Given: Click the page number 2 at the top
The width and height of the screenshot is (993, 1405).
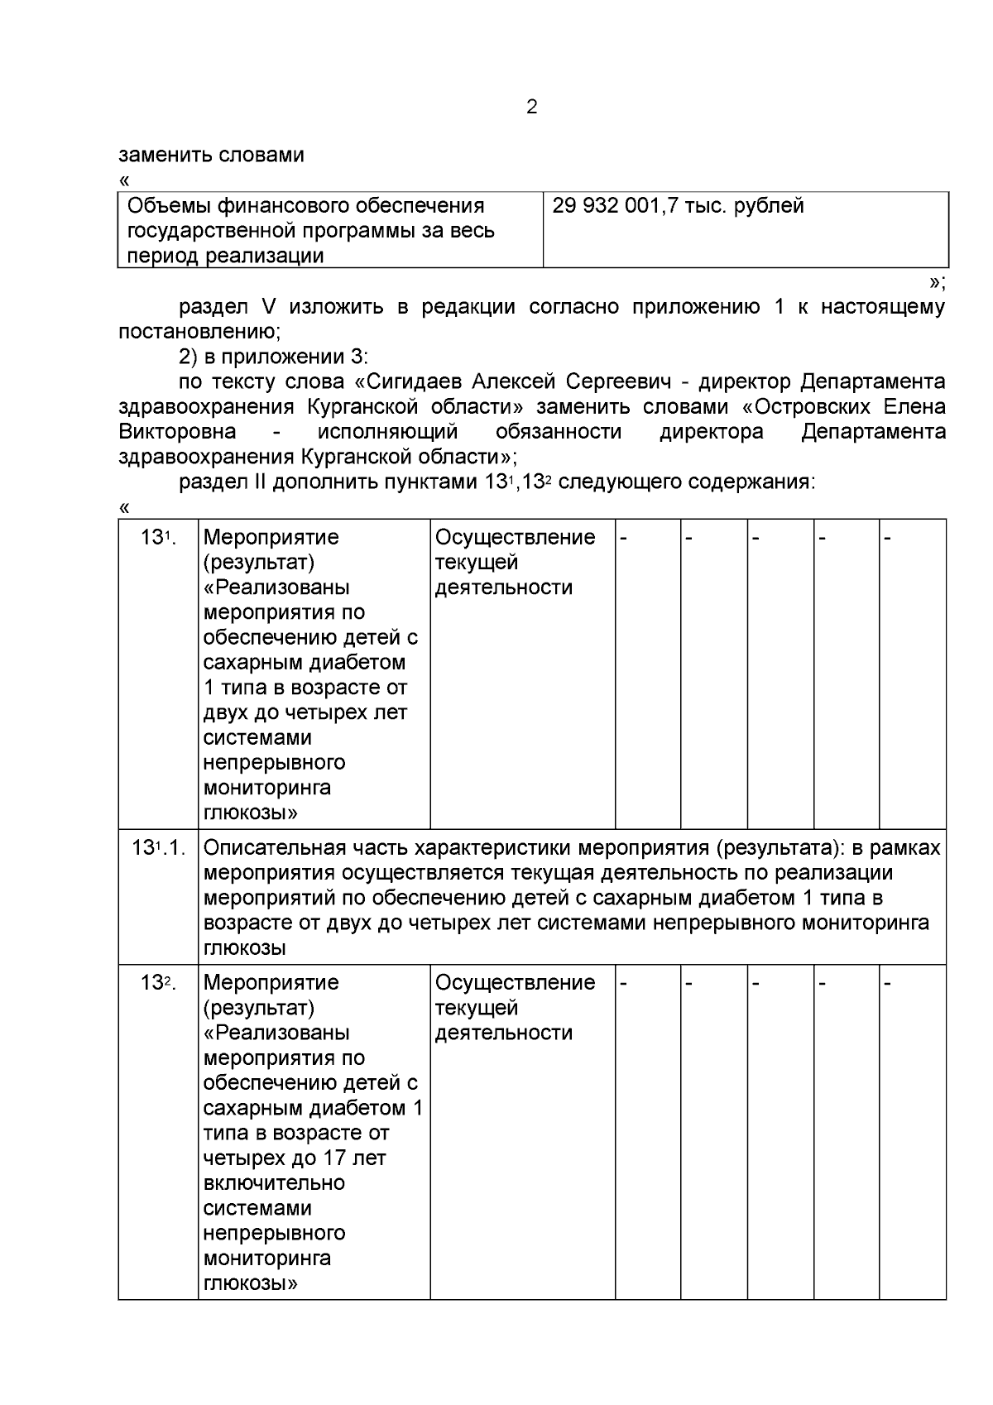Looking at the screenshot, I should [531, 108].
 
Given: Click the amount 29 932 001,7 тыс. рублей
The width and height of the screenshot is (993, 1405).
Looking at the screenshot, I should [678, 206].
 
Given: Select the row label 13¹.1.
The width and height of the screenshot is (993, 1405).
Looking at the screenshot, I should [158, 848].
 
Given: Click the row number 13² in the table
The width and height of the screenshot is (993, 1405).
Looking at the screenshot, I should [158, 983].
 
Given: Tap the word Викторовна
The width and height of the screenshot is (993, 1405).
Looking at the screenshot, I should [177, 432].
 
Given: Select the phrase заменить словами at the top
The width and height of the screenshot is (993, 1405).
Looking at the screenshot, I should [211, 156].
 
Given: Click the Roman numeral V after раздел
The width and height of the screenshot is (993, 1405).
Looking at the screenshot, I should [268, 307].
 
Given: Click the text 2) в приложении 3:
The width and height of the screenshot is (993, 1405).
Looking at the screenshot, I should [273, 357].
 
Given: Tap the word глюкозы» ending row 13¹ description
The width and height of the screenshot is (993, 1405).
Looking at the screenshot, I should [250, 813].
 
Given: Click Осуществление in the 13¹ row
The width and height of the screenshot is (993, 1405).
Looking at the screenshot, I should [515, 538].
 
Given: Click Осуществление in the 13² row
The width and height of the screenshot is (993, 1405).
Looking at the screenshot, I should [515, 983].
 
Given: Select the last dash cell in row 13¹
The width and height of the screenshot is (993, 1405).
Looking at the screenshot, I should [888, 538].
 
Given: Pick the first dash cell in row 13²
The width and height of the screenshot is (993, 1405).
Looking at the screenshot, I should [625, 983].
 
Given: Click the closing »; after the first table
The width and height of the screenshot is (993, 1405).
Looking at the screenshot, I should [936, 283].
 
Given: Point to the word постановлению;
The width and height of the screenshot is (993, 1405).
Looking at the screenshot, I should [199, 332].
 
